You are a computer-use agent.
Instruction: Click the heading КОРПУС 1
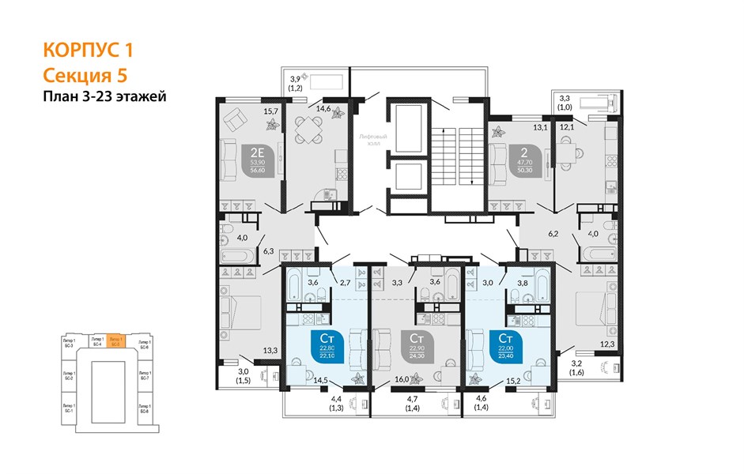point(87,51)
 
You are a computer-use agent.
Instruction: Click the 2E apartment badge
point(258,158)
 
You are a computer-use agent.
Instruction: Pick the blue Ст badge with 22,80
point(326,346)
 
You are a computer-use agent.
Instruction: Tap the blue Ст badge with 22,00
point(505,346)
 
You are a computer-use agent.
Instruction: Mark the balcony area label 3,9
point(296,78)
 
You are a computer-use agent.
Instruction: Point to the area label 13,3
point(270,351)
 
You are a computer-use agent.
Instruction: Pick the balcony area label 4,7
point(413,401)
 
